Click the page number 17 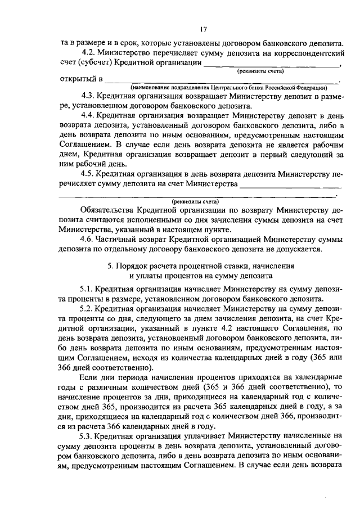tap(203, 29)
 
